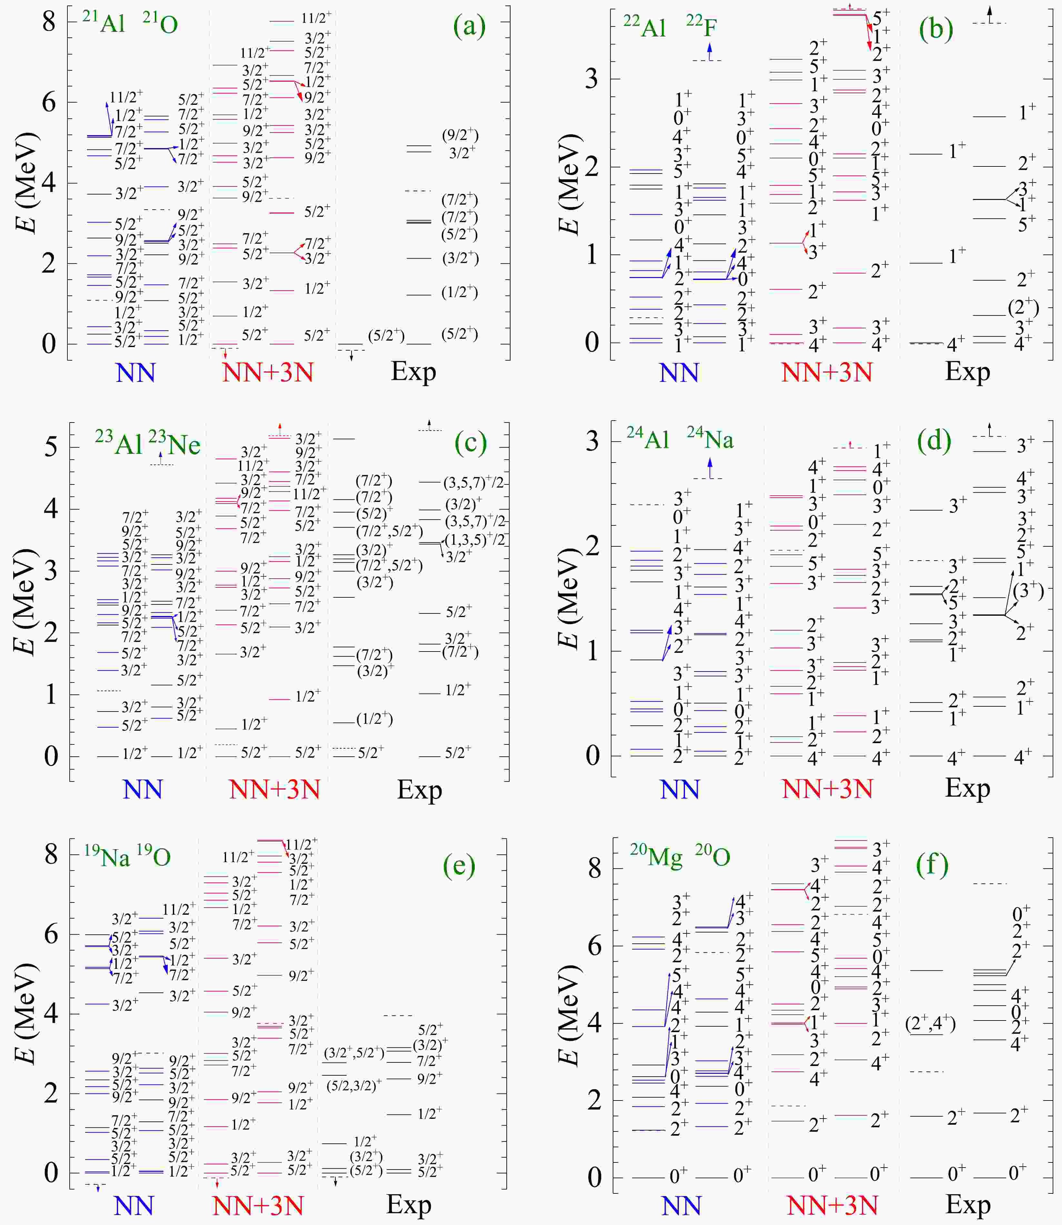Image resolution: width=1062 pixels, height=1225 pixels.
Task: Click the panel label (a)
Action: pos(469,27)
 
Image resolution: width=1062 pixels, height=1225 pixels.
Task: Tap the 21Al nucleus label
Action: pos(104,23)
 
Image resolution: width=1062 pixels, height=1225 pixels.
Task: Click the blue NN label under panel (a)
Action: pos(136,373)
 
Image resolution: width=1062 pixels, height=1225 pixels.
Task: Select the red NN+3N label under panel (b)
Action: pos(827,373)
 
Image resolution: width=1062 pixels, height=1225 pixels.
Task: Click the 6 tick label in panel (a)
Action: pos(49,103)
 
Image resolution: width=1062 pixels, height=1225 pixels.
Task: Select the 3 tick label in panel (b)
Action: pos(591,79)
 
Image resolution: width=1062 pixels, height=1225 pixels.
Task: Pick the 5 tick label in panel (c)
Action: pos(51,447)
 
